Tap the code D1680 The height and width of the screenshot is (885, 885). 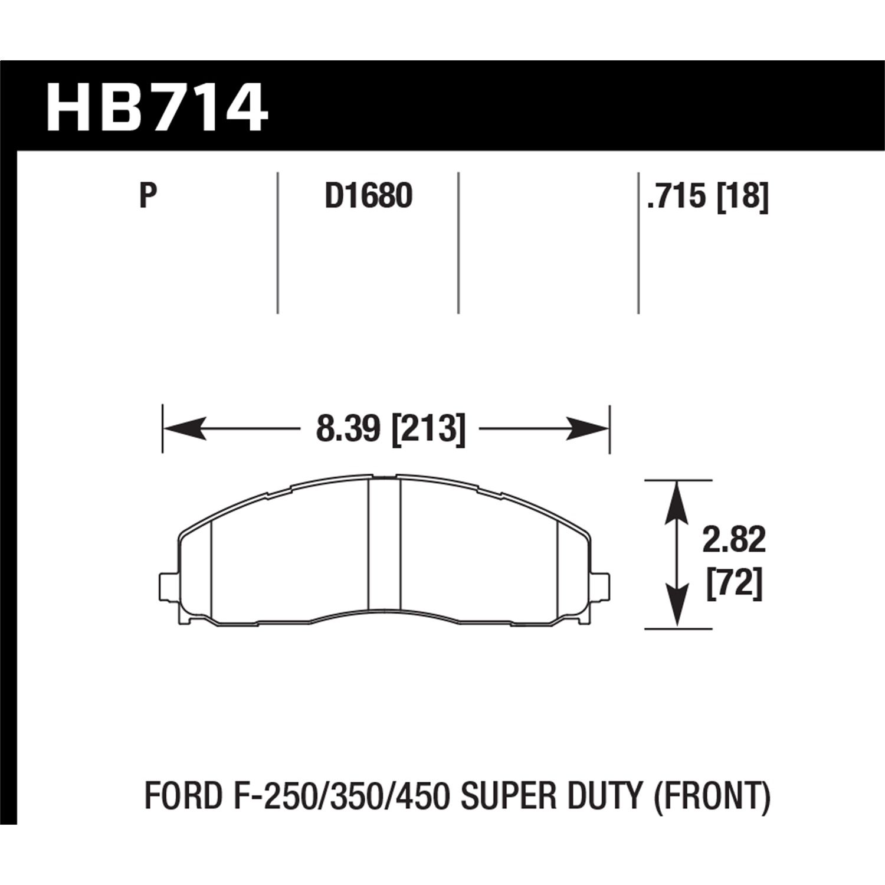coord(368,196)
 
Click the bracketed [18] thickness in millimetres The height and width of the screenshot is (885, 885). coord(743,196)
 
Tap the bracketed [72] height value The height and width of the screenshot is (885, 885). coord(735,585)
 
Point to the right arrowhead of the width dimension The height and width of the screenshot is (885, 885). coord(587,428)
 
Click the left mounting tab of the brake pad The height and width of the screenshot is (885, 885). coord(169,584)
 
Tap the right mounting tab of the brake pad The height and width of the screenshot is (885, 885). coord(601,584)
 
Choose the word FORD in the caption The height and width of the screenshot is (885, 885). coord(183,796)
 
